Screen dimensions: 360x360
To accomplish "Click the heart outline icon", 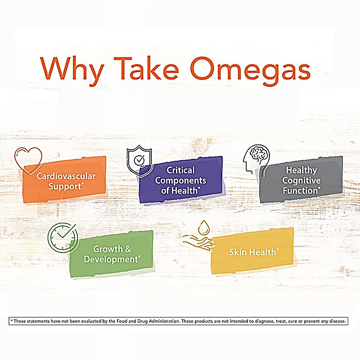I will click(x=28, y=159).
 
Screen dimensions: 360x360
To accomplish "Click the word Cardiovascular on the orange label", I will click(x=66, y=175).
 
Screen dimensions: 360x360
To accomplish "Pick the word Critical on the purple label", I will click(x=181, y=171).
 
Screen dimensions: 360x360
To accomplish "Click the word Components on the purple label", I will click(x=180, y=180).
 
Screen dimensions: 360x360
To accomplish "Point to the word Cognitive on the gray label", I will click(x=301, y=180).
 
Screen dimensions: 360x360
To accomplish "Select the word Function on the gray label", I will click(x=299, y=190).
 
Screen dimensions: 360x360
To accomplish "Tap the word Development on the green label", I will click(x=110, y=260).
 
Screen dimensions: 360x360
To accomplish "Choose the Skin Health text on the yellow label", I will click(x=253, y=252).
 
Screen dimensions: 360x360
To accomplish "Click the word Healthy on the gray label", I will click(x=301, y=171).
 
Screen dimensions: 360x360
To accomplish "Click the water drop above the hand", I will click(x=204, y=225).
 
